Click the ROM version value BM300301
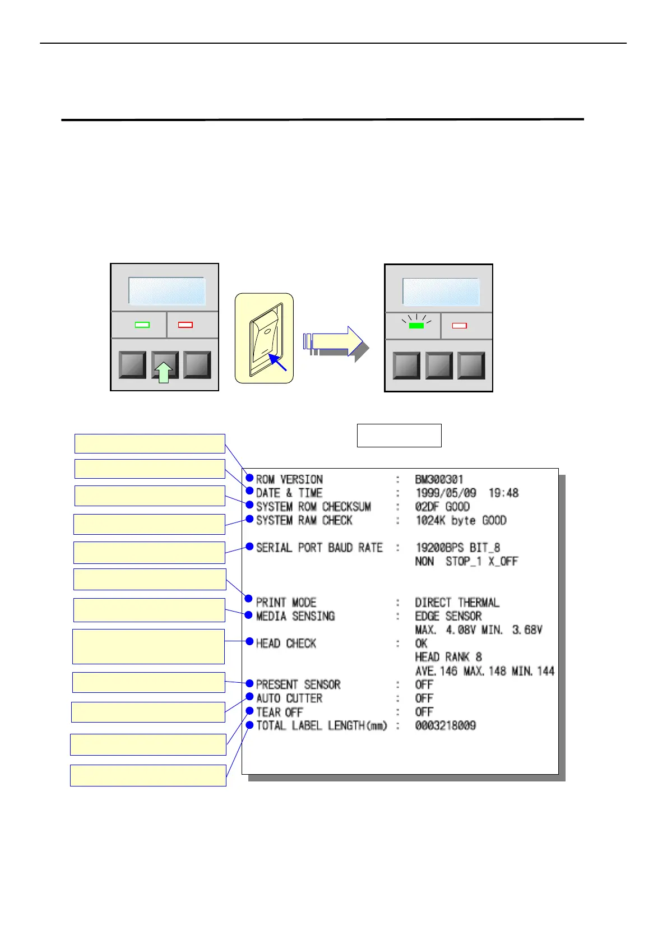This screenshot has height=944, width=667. pyautogui.click(x=439, y=479)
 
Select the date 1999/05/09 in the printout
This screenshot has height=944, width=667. pyautogui.click(x=446, y=493)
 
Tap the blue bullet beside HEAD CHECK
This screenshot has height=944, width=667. pyautogui.click(x=250, y=641)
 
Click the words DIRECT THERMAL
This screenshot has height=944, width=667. pyautogui.click(x=457, y=603)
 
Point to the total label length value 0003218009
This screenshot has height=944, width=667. pyautogui.click(x=445, y=725)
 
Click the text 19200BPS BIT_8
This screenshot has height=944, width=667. pyautogui.click(x=457, y=548)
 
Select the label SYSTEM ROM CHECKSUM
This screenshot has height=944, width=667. pyautogui.click(x=313, y=507)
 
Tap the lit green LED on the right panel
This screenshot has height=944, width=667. pyautogui.click(x=416, y=325)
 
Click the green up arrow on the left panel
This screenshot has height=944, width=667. pyautogui.click(x=163, y=372)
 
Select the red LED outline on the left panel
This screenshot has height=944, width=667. pyautogui.click(x=185, y=325)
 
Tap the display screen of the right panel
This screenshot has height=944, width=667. pyautogui.click(x=441, y=291)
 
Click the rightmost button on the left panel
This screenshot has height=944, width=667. pyautogui.click(x=197, y=365)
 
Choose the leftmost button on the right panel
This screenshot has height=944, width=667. pyautogui.click(x=406, y=366)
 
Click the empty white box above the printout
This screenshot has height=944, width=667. pyautogui.click(x=399, y=436)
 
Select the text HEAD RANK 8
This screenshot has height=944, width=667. pyautogui.click(x=448, y=657)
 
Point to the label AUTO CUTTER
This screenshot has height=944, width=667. pyautogui.click(x=289, y=698)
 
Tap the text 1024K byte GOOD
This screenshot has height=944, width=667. pyautogui.click(x=461, y=521)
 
